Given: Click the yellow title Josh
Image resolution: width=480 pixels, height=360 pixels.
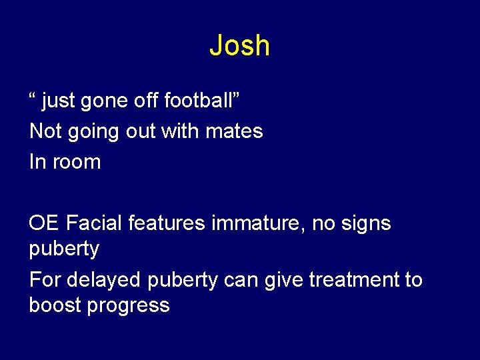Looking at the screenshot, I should pyautogui.click(x=239, y=45).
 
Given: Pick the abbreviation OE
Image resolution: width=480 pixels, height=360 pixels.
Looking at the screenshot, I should pyautogui.click(x=45, y=223).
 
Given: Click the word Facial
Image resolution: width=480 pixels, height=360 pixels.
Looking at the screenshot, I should pyautogui.click(x=94, y=223).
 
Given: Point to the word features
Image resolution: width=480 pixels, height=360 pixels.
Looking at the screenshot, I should pyautogui.click(x=167, y=223).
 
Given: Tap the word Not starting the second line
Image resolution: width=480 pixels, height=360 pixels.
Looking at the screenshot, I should pyautogui.click(x=45, y=131).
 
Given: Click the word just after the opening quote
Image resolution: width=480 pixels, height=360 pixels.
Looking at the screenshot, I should pyautogui.click(x=59, y=101).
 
